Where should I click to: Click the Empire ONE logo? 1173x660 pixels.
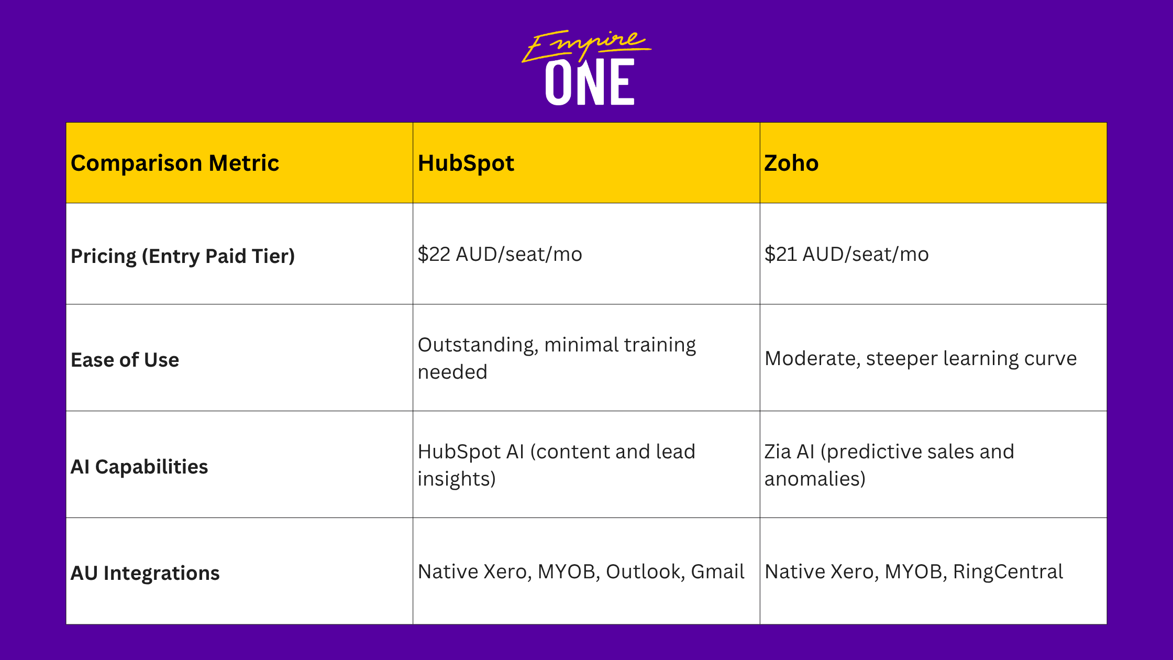586,68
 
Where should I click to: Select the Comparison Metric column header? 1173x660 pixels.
175,163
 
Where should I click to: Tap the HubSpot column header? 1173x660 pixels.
466,163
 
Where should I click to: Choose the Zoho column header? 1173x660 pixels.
791,163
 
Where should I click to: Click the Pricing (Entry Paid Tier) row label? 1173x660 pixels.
183,256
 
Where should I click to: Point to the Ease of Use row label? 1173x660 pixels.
125,360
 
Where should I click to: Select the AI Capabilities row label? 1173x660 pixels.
139,467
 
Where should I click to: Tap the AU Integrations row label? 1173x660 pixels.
145,573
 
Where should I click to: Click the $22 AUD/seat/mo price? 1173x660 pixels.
500,254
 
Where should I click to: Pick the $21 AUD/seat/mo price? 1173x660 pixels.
847,254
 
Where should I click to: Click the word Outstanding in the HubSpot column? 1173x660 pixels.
478,345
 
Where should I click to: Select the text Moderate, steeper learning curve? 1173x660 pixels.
921,359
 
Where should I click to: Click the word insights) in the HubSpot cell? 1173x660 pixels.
457,479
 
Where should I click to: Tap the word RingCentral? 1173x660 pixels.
1008,571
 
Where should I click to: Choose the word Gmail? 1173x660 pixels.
717,571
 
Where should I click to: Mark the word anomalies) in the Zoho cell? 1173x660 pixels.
815,479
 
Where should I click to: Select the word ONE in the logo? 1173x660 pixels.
590,82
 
